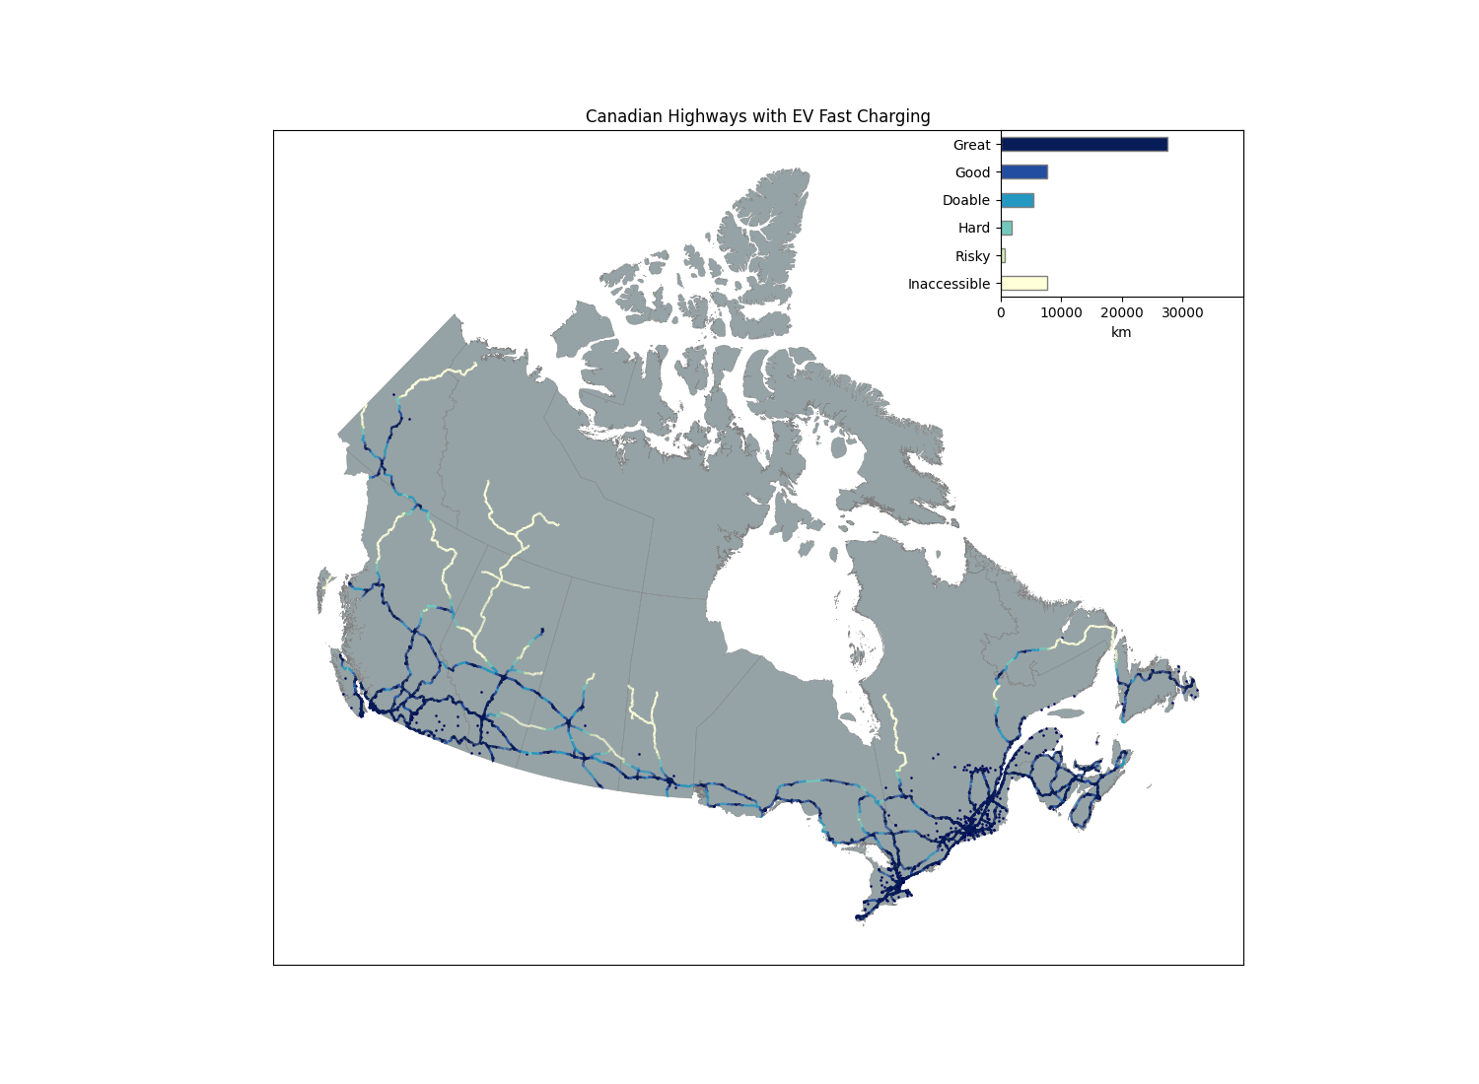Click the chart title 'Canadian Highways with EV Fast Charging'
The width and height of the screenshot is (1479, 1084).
pos(757,116)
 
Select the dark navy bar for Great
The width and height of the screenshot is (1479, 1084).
pos(1084,145)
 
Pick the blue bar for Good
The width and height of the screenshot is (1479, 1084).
pos(1023,172)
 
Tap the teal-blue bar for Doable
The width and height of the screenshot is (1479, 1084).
pos(1017,200)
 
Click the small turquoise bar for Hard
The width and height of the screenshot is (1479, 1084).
pos(1007,228)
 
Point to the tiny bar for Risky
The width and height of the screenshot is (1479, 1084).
pos(1003,256)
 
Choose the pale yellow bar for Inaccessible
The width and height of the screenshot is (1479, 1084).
pos(1023,284)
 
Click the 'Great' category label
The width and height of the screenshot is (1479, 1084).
pos(971,145)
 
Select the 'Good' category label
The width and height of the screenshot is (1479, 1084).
pos(972,172)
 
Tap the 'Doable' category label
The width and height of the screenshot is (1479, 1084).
pos(965,200)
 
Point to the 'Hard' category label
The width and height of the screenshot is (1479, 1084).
pos(974,228)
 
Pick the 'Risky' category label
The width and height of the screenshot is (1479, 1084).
pos(972,256)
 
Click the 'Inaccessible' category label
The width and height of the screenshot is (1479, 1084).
pos(949,284)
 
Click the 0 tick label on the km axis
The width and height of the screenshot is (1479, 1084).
pos(1001,313)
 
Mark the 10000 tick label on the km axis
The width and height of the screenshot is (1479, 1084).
pos(1061,313)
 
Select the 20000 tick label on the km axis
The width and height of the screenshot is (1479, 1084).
pos(1121,313)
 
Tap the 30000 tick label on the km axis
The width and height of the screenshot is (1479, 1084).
pos(1182,313)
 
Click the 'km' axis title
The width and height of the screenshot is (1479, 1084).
pos(1121,333)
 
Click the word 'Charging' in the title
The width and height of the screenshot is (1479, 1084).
pos(895,116)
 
